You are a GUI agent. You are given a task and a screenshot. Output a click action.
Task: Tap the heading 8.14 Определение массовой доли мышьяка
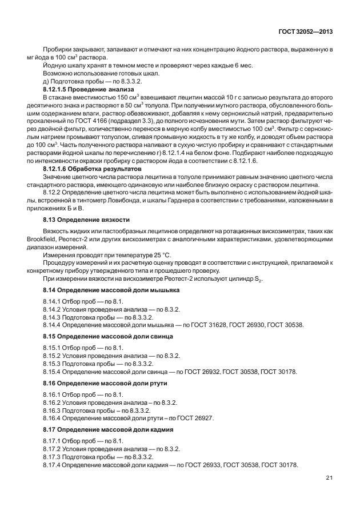(x=111, y=290)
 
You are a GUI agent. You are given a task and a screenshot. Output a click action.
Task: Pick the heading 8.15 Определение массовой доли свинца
(x=108, y=336)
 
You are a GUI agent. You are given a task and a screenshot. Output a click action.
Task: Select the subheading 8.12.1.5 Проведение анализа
(x=88, y=91)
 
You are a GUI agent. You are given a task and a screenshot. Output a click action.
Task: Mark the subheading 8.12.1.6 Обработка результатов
(x=91, y=170)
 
